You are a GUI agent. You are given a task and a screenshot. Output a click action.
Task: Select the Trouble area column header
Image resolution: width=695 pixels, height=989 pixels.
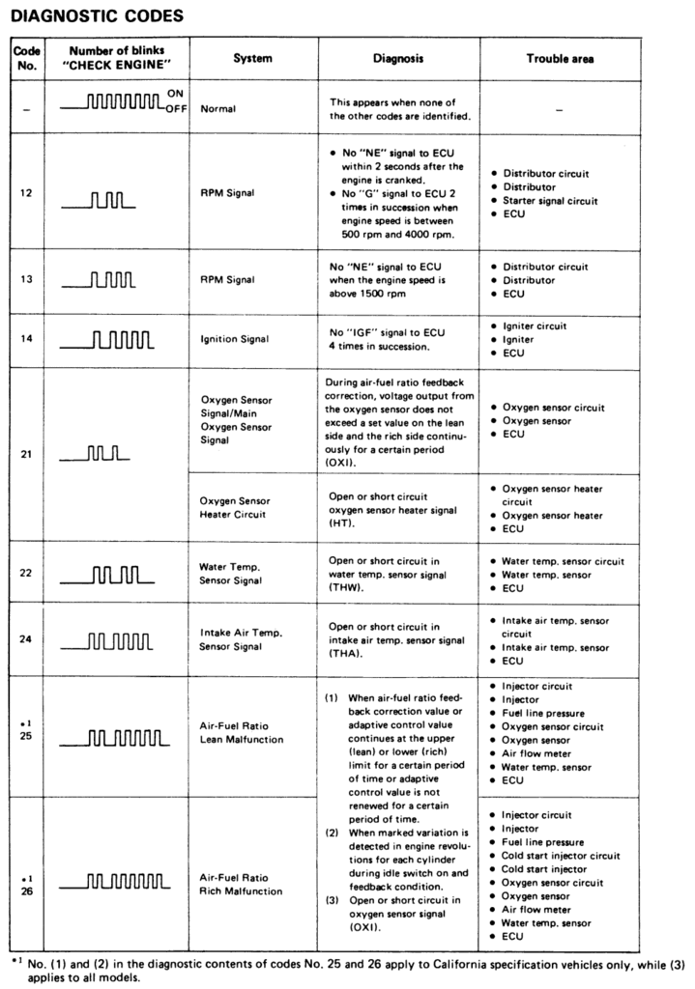click(x=560, y=59)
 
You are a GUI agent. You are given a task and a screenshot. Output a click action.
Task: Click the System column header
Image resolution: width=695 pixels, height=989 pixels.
click(x=252, y=58)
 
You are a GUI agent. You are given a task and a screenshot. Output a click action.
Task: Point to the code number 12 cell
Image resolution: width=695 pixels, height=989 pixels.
click(x=26, y=192)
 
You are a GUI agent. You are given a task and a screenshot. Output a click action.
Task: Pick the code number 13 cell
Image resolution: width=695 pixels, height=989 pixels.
click(x=26, y=280)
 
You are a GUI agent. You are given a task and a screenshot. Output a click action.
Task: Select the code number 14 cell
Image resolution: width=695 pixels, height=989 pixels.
click(x=26, y=340)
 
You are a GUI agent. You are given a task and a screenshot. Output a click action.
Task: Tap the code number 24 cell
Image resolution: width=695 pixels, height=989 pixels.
click(x=26, y=639)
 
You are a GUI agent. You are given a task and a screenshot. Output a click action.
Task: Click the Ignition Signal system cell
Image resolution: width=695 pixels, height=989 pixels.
click(x=235, y=340)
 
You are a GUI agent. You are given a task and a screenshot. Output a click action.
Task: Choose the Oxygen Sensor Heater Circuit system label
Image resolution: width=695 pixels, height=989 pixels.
click(x=235, y=507)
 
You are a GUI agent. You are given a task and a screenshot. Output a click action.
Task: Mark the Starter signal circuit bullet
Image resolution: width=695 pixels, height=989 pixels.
click(x=549, y=201)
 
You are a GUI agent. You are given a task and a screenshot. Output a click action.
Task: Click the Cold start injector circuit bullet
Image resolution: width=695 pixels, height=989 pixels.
click(x=561, y=856)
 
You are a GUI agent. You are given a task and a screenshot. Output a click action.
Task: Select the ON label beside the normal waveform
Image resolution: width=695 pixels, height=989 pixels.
click(x=175, y=93)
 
